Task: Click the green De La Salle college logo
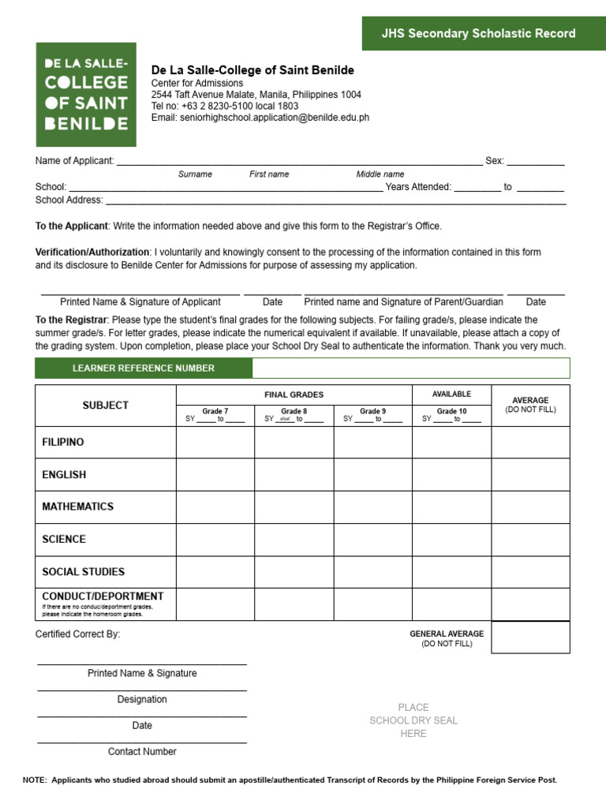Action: (x=85, y=94)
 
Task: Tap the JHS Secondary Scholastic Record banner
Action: (x=478, y=33)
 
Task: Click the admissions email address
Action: (x=260, y=118)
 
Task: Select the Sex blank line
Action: (x=535, y=161)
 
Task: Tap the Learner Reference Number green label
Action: (x=144, y=368)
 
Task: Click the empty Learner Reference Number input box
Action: (x=410, y=368)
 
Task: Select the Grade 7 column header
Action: (x=215, y=415)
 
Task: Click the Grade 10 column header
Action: (x=451, y=415)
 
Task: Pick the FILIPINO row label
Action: (x=63, y=442)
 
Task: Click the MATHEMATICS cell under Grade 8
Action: (x=294, y=507)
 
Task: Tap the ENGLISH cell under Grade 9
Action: (x=372, y=474)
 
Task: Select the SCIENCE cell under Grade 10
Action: (x=451, y=539)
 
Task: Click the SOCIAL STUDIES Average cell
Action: (x=530, y=571)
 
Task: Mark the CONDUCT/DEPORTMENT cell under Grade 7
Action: (x=215, y=604)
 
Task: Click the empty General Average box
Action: (x=530, y=638)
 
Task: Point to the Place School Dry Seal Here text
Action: (x=413, y=720)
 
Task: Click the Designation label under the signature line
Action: (x=142, y=699)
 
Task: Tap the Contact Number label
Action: (x=142, y=751)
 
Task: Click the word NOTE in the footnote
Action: (x=35, y=780)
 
